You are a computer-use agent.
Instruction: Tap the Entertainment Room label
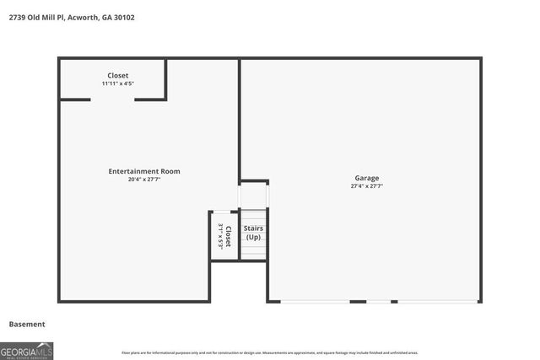click(144, 171)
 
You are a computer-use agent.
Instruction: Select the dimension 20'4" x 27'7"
click(144, 180)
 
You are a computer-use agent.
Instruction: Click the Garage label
click(366, 178)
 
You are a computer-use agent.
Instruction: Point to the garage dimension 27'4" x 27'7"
click(366, 186)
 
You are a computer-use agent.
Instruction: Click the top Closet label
click(118, 76)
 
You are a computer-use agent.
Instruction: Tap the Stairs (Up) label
click(253, 233)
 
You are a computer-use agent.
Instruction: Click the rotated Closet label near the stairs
click(228, 235)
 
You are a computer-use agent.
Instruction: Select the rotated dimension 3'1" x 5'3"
click(219, 235)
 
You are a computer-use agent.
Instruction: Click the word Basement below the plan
click(27, 324)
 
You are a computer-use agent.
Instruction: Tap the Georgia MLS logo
click(26, 350)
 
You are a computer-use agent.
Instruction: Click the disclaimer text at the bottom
click(270, 352)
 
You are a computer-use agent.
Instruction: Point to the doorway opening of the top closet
click(112, 99)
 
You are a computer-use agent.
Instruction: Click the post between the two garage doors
click(358, 301)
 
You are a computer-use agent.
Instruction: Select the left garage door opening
click(315, 301)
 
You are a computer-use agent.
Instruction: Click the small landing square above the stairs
click(253, 196)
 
